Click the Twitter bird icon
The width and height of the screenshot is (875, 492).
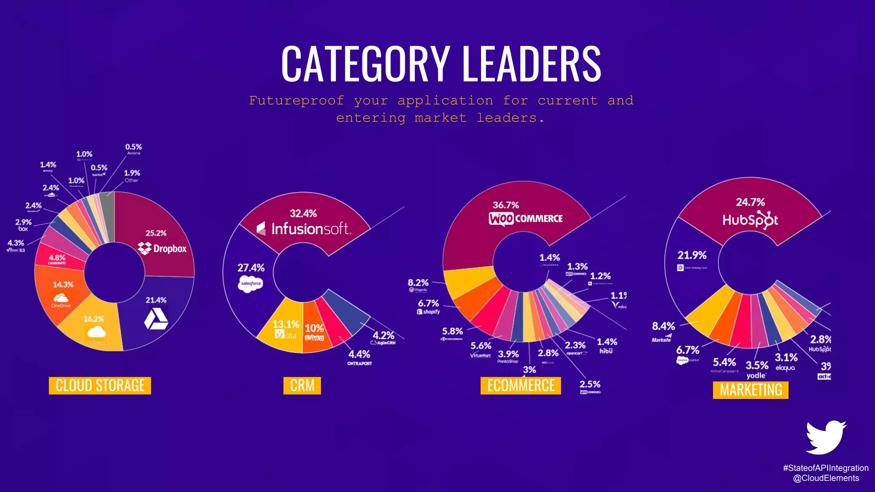(825, 437)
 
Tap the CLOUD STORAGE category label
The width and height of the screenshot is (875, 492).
(100, 386)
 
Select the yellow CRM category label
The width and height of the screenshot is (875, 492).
(302, 386)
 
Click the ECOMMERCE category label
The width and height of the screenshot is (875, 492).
(521, 386)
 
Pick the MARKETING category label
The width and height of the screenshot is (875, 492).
(751, 390)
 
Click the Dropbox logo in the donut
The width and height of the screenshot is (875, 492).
(162, 248)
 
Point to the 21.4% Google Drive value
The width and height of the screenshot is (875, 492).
(156, 300)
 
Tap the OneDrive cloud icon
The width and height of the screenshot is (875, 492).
(61, 298)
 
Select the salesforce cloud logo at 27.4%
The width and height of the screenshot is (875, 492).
(251, 284)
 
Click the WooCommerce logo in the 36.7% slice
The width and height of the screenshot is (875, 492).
(526, 219)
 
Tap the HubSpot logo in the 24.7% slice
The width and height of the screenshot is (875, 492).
(750, 220)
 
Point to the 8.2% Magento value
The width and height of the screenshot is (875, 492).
(418, 283)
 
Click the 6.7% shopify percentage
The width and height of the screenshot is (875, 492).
(428, 303)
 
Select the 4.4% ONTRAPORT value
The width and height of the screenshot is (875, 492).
(359, 354)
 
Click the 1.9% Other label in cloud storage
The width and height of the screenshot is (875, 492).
(132, 173)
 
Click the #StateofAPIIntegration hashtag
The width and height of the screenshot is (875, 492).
(825, 468)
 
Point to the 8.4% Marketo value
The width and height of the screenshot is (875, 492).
(663, 326)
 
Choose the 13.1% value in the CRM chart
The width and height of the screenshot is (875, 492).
(286, 325)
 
